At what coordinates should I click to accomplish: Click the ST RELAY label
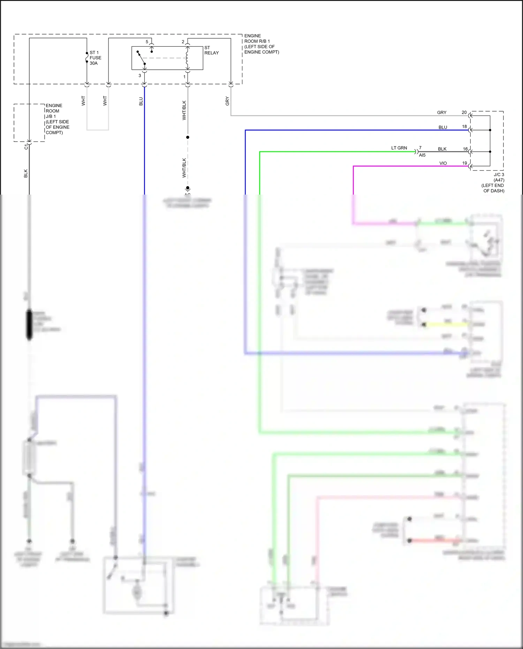coord(211,50)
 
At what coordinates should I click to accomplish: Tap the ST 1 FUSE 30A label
coord(95,58)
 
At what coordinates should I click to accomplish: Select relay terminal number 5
coord(147,42)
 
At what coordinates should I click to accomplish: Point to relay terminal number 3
coord(140,76)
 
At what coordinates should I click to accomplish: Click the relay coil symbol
coord(187,58)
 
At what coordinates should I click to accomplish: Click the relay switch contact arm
coord(141,58)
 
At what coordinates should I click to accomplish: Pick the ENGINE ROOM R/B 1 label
coord(261,44)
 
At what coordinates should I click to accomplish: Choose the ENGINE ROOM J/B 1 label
coord(57,119)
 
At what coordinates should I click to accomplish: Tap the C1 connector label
coord(26,147)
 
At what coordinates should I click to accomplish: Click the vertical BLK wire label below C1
coord(25,173)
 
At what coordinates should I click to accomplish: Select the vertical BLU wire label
coord(141,101)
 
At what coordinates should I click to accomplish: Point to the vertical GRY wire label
coord(227,101)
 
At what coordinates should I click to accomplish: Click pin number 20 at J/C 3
coord(464,112)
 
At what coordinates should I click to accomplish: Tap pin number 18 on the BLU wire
coord(464,127)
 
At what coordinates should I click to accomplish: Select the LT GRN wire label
coord(399,148)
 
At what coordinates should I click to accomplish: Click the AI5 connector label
coord(422,155)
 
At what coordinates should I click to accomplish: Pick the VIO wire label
coord(443,163)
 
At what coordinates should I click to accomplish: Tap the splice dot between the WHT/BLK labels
coord(188,137)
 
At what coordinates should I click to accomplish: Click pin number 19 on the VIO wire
coord(464,163)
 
